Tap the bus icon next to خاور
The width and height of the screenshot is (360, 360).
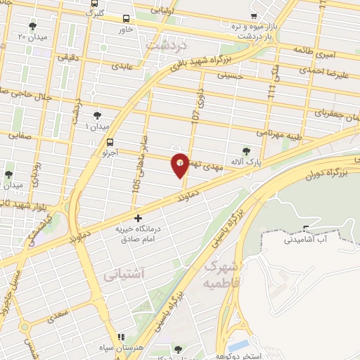tap(126, 19)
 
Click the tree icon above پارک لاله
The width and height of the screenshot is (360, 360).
tap(245, 150)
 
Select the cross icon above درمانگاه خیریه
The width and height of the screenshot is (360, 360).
tap(138, 219)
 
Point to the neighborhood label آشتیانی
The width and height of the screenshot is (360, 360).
tap(123, 276)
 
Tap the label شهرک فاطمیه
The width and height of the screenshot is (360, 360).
tap(220, 276)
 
